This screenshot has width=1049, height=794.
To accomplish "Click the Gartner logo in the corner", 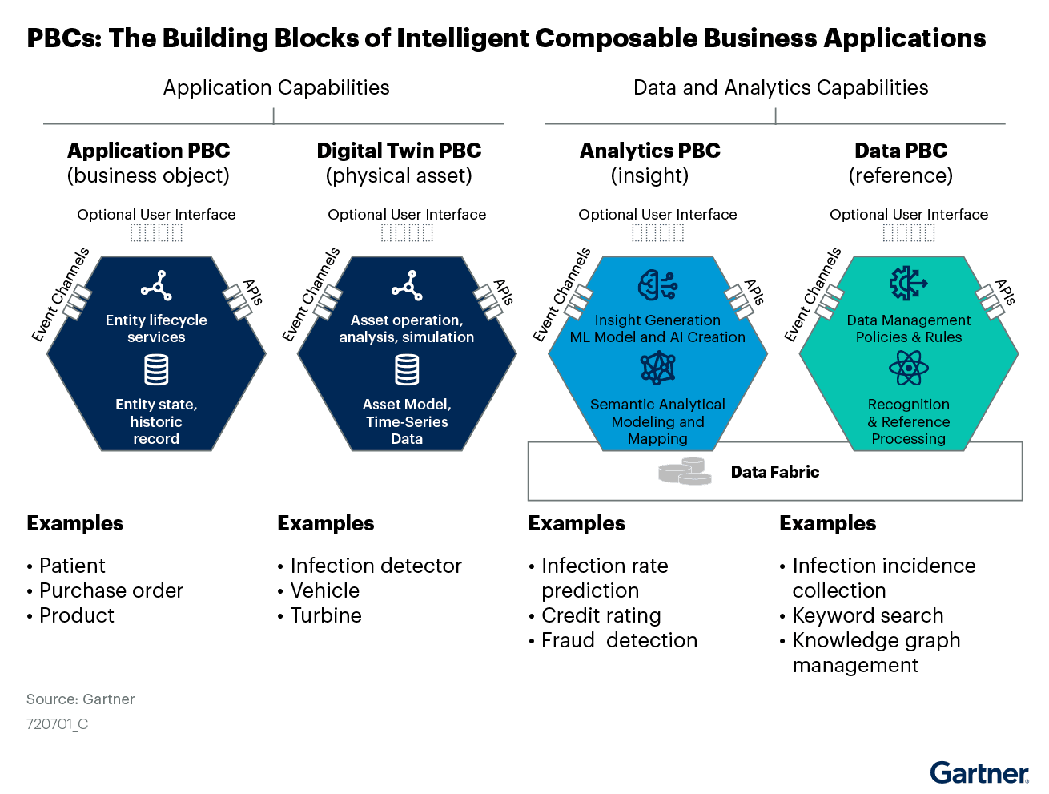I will (x=979, y=772).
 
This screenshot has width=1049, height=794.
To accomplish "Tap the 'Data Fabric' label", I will (x=774, y=472).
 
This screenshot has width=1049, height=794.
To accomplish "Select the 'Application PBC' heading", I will (x=148, y=151).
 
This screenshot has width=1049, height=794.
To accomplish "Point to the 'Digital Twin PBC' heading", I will (x=399, y=151).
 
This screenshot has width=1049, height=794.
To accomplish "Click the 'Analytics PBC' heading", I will (x=649, y=151).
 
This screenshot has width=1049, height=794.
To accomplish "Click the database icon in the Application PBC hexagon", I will (x=156, y=370).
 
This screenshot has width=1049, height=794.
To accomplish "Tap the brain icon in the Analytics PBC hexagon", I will (x=657, y=285).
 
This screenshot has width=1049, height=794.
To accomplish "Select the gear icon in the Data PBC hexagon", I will (x=908, y=284).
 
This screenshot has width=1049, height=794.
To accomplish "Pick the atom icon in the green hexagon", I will (x=908, y=369).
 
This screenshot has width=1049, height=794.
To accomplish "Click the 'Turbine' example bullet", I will (x=326, y=615).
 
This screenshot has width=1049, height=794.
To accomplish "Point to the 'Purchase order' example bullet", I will (x=111, y=590).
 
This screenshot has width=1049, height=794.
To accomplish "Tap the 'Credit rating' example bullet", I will (x=601, y=615).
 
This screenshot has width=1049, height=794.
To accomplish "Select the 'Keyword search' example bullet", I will (x=868, y=615).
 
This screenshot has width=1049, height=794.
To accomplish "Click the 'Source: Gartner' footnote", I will (x=81, y=699).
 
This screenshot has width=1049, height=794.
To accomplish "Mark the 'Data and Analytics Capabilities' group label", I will (x=781, y=87).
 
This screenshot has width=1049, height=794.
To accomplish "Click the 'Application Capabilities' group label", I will (x=276, y=87).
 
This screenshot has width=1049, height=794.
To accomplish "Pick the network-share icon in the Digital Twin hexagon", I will (x=407, y=285).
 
